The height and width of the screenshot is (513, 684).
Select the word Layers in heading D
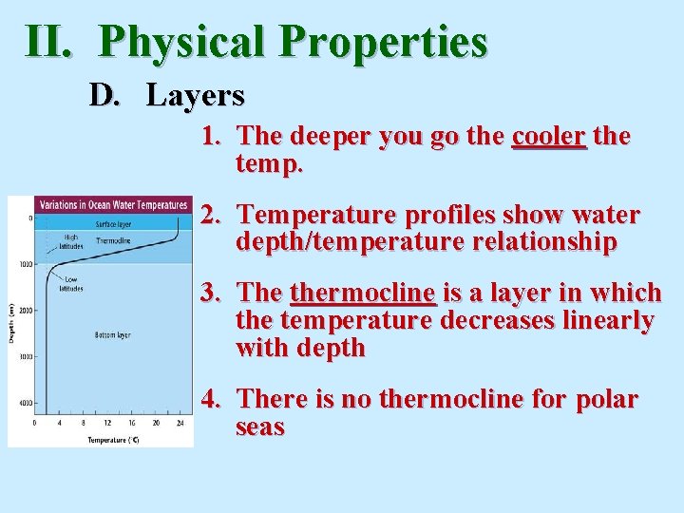pos(196,95)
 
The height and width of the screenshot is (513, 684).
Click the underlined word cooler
pos(549,137)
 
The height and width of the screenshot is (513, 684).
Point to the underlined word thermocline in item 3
pos(363,293)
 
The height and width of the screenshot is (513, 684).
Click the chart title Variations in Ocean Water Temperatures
pos(112,205)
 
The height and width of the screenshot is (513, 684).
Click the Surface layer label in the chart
pos(113,224)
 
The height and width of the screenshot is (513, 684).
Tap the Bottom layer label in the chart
pos(112,335)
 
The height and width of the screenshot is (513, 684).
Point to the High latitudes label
pos(71,240)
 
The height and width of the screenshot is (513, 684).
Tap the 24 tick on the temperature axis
pos(180,423)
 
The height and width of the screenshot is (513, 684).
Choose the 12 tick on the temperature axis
pos(106,423)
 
